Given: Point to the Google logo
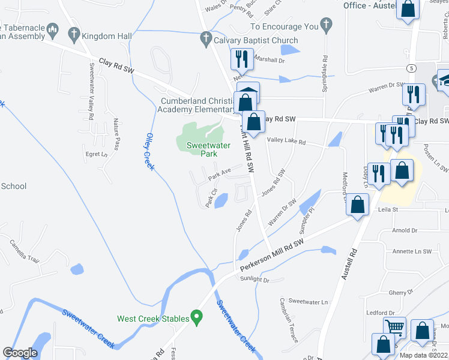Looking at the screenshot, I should click(x=20, y=353).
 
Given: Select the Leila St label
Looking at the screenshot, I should click(x=388, y=210).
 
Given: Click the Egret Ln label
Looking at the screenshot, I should click(x=97, y=154).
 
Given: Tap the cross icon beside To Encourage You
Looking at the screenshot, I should click(x=326, y=25).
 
